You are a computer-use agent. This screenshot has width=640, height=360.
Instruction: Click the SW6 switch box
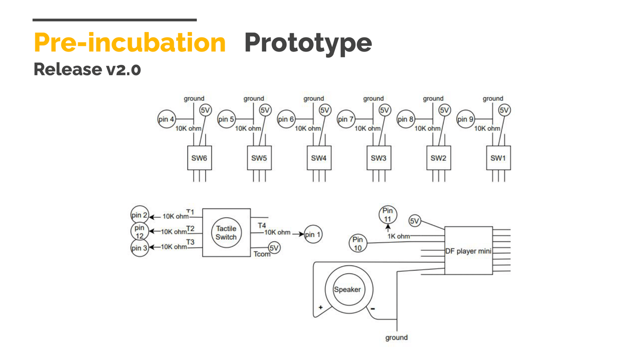[200, 158]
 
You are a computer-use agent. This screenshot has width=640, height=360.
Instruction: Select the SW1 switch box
[499, 158]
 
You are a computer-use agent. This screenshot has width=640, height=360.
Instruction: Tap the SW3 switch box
[379, 158]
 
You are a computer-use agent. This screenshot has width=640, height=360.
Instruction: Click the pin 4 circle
[167, 119]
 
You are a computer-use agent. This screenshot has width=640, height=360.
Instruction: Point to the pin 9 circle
[466, 119]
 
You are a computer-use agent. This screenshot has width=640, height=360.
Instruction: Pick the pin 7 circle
[346, 119]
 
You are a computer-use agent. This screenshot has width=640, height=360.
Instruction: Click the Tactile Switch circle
[226, 232]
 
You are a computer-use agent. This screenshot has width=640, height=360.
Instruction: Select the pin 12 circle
[140, 231]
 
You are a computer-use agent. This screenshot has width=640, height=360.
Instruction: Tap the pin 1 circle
[313, 234]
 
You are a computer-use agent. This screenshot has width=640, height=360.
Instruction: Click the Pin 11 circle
[388, 215]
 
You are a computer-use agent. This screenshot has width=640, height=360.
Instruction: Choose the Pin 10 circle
[358, 244]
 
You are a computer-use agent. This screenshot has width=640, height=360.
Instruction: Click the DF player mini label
[468, 251]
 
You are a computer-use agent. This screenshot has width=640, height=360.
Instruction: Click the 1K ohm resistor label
[399, 236]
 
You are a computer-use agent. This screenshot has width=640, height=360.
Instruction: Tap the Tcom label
[262, 254]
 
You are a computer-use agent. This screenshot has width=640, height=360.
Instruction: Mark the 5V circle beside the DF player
[415, 221]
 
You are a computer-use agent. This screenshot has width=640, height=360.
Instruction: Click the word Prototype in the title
[308, 43]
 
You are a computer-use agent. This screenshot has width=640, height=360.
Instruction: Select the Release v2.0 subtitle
[88, 69]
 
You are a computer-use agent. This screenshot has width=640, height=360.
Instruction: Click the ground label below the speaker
[396, 338]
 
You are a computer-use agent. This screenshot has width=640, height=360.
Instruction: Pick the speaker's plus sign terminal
[320, 308]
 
